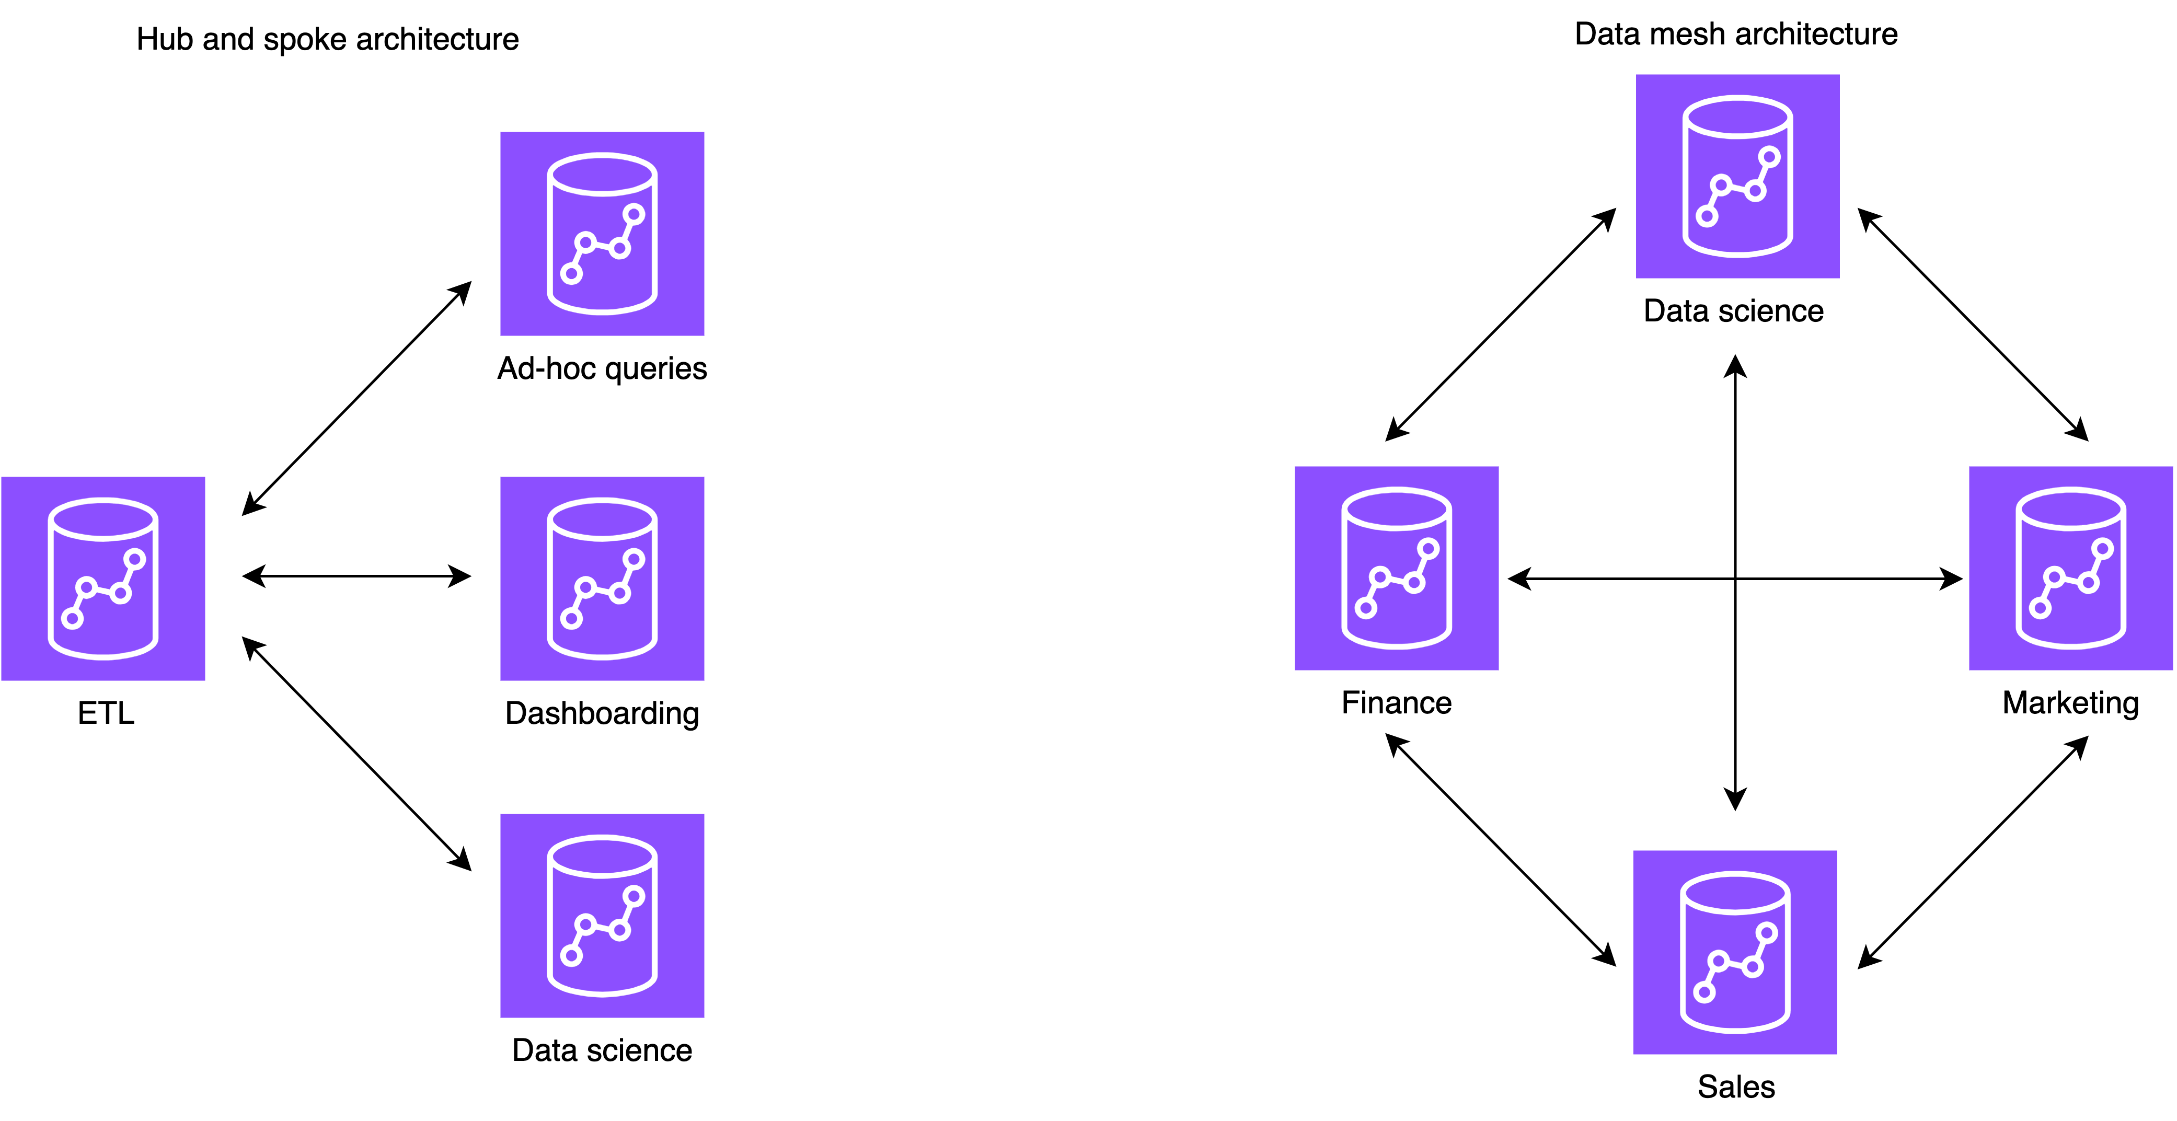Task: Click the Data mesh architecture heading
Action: [x=1736, y=34]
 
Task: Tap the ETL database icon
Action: [x=103, y=579]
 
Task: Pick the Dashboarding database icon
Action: [x=602, y=579]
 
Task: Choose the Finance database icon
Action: [x=1396, y=568]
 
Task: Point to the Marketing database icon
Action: [x=2070, y=568]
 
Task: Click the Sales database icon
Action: [x=1734, y=952]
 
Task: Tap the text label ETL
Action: [x=106, y=713]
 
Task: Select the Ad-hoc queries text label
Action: [x=602, y=368]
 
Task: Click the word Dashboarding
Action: [x=602, y=713]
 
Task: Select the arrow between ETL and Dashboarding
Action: [x=356, y=576]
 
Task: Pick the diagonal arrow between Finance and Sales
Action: [x=1501, y=850]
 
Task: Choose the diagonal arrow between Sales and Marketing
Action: [x=1973, y=851]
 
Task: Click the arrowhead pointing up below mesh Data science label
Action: [x=1735, y=367]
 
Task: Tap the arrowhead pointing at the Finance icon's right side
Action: [x=1519, y=579]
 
